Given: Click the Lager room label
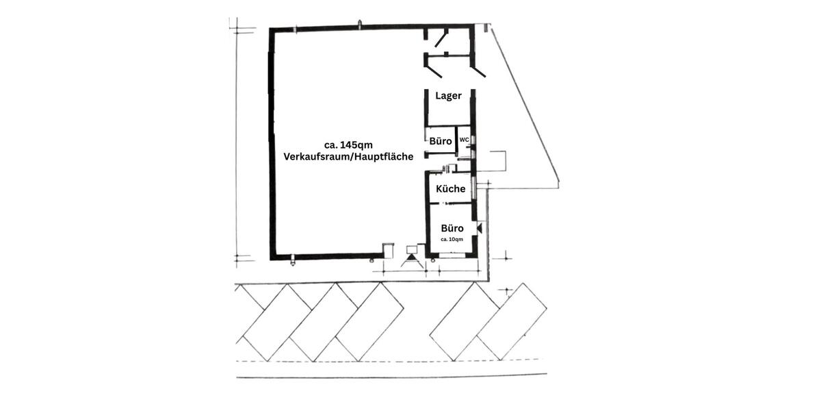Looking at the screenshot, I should pos(448,96).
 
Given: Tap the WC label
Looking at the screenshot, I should pos(464,140).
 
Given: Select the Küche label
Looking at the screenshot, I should pos(450,188).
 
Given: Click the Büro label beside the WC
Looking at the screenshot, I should pos(441,141).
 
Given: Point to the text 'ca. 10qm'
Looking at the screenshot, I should pos(452,239).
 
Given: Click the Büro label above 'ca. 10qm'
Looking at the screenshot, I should pos(452,228).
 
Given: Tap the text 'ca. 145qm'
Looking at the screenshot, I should pos(348,144).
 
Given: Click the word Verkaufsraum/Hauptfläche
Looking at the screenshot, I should pos(348,156).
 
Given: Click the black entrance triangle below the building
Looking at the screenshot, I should pos(412,259).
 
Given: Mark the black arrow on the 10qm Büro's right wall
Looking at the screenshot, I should pos(480,227).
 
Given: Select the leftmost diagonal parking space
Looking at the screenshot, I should pos(272,321).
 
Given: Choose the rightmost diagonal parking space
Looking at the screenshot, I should pos(511,321).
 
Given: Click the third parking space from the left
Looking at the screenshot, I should pos(369,321).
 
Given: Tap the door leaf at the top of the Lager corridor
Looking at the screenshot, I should pos(441,38).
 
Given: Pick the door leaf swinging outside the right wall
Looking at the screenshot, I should pos(479,71).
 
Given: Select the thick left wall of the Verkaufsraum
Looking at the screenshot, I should pos(272,144).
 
